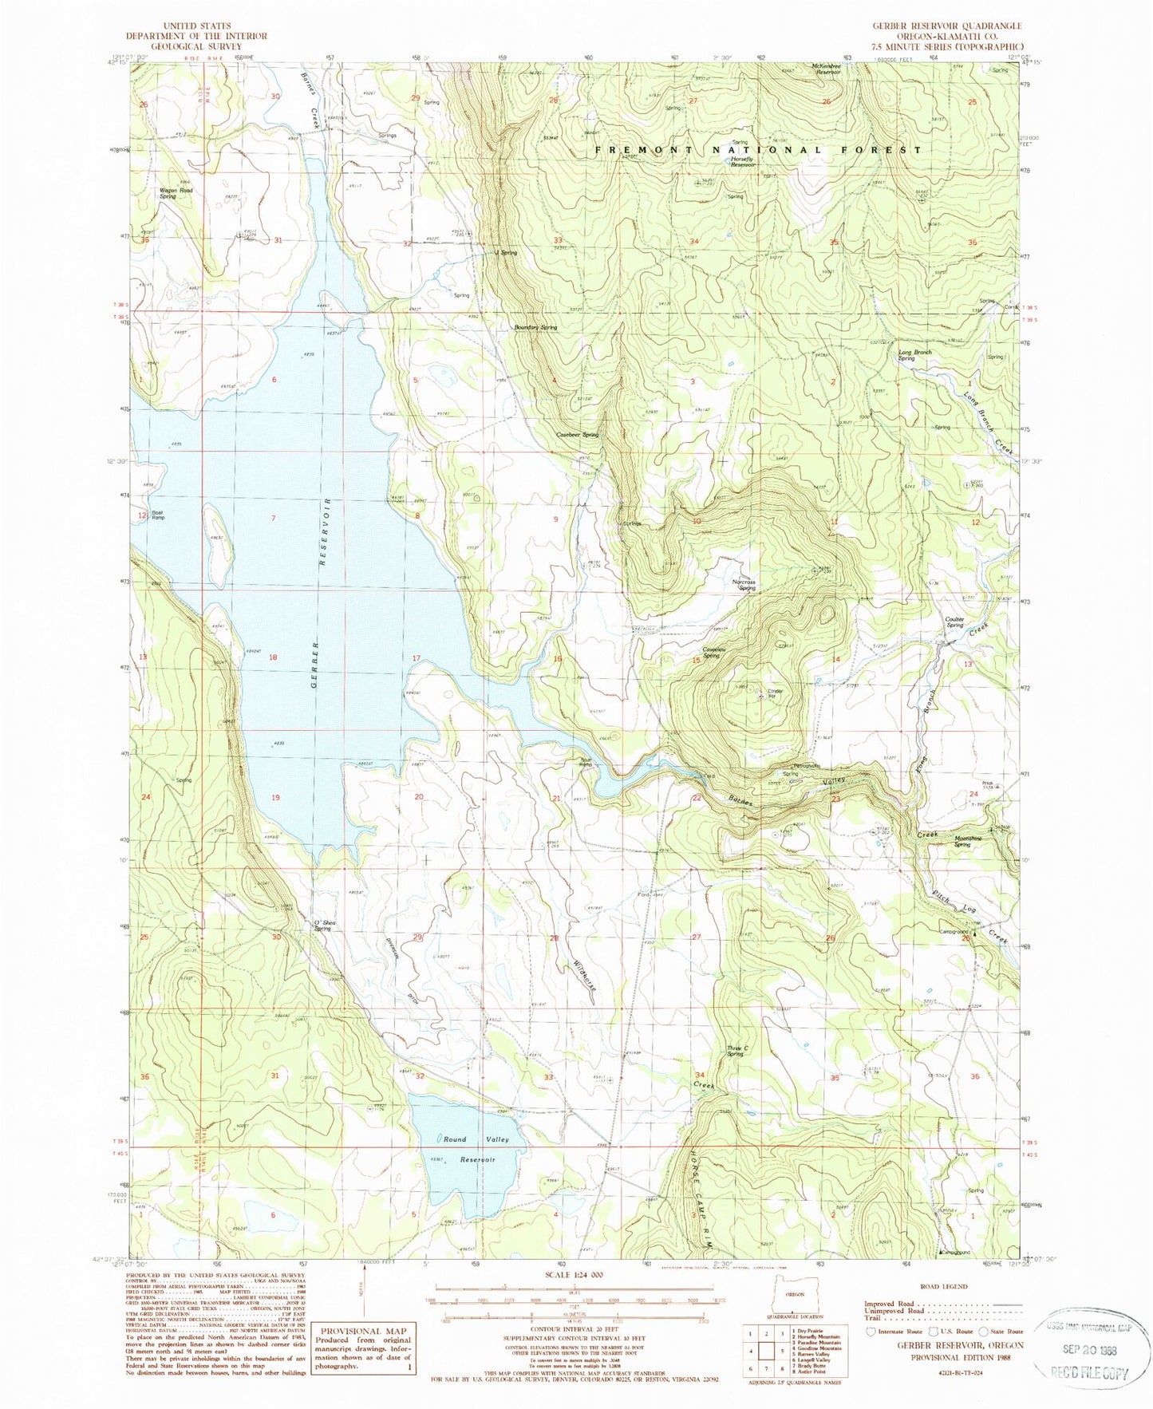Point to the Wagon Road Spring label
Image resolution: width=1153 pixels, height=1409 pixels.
click(x=176, y=193)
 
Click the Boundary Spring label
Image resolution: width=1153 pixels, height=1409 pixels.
click(x=535, y=327)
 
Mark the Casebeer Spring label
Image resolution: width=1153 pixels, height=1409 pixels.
click(x=577, y=435)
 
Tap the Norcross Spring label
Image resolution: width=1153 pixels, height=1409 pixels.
click(x=744, y=586)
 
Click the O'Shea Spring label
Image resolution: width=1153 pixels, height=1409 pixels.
click(x=322, y=926)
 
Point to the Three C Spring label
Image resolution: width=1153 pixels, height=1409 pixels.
click(x=735, y=1051)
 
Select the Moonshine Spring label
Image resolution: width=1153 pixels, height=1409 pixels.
click(x=968, y=841)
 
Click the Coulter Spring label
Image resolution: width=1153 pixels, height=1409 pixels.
click(x=955, y=622)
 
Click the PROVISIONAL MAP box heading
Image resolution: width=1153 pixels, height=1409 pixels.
click(x=363, y=1330)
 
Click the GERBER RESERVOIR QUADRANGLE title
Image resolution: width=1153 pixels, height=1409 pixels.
click(x=947, y=26)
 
